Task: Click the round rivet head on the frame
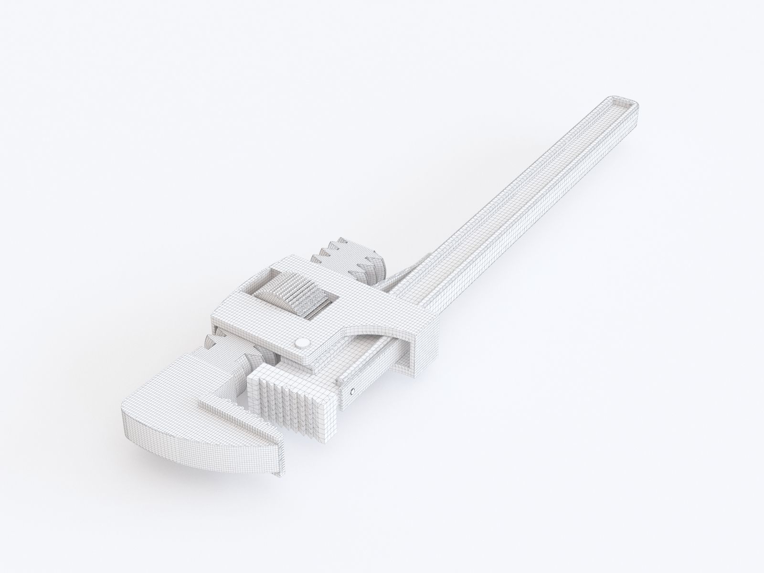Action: coord(302,342)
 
